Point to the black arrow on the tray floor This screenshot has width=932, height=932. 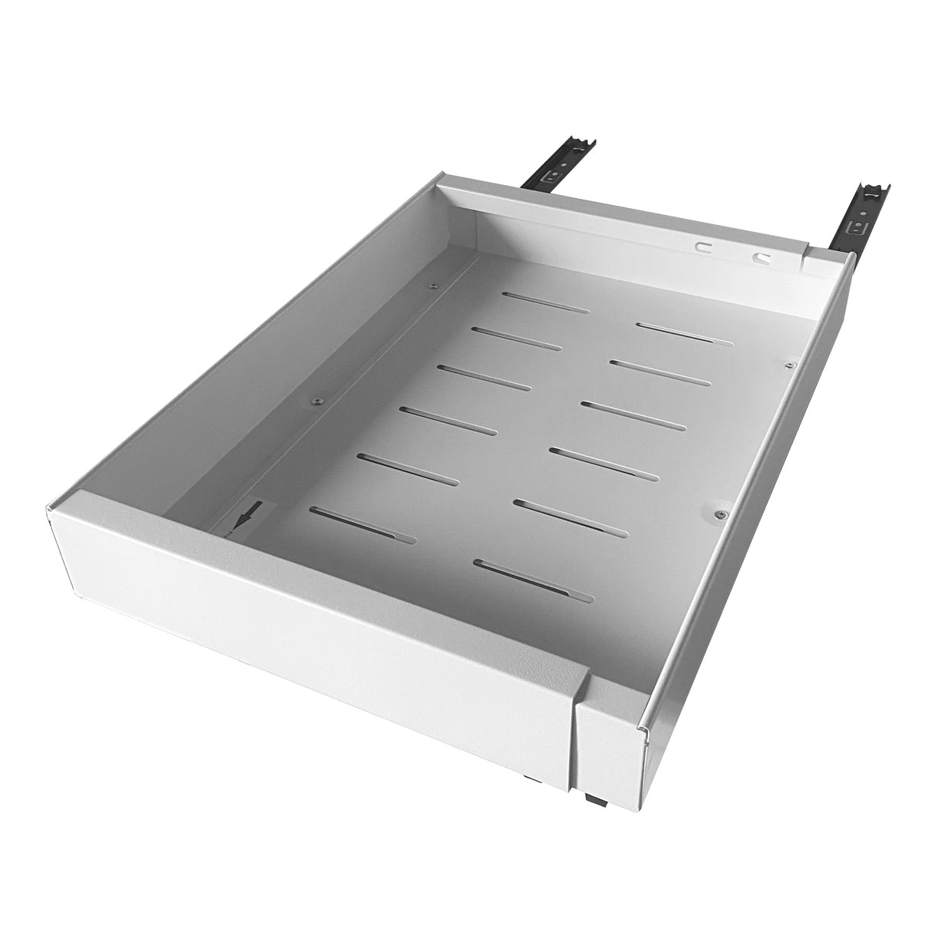(x=246, y=514)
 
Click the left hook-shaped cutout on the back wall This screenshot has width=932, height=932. (x=702, y=248)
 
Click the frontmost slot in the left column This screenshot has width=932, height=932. (x=366, y=523)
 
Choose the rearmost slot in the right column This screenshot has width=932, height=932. (x=683, y=331)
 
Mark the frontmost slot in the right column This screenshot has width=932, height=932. (x=534, y=579)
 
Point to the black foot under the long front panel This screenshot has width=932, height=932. (x=530, y=778)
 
